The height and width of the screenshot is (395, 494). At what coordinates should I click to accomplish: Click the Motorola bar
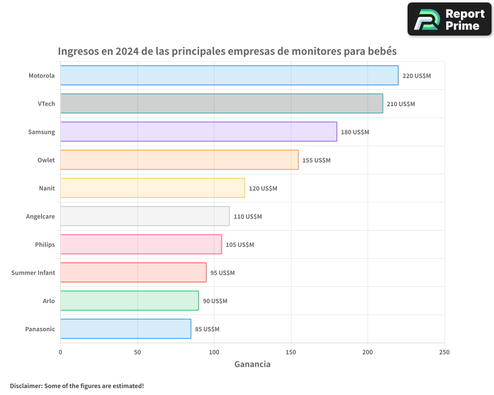pos(229,76)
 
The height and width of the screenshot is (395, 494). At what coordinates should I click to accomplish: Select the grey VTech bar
pos(221,104)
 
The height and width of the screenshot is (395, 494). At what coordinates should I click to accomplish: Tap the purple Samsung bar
pos(199,132)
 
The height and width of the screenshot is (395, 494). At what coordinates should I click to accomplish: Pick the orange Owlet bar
pos(179,160)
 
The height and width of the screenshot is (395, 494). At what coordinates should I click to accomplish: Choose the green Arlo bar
pos(129,301)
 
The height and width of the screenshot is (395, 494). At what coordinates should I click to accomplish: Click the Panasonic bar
pos(125,329)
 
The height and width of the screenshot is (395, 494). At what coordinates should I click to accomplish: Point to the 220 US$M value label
pos(416,76)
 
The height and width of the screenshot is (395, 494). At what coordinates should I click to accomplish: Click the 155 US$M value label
pos(316,160)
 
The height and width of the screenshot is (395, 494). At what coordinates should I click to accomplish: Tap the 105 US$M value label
pos(240,245)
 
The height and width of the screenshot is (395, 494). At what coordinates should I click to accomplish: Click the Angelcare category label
pos(41,216)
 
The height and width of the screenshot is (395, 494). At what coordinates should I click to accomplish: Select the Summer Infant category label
pos(33,273)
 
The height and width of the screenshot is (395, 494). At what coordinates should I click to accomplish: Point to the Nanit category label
pos(47,188)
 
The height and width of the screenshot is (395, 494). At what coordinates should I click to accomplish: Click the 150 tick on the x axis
pos(291,352)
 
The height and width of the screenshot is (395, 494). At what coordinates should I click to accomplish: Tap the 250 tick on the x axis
pos(444,352)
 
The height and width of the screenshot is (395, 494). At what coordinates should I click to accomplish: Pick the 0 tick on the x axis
pos(60,352)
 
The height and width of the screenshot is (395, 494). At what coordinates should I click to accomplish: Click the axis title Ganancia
pos(252,364)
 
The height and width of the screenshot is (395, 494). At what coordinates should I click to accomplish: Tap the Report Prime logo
pos(449,19)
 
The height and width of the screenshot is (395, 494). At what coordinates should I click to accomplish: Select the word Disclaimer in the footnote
pos(25,386)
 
